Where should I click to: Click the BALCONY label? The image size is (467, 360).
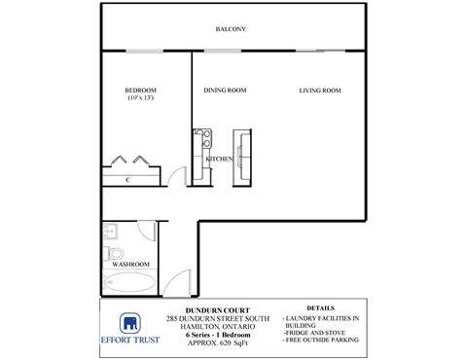[x=231, y=29]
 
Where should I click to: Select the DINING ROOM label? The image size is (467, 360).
[x=225, y=90]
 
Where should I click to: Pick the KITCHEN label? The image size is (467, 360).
[x=219, y=158]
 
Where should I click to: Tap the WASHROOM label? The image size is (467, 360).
[x=130, y=263]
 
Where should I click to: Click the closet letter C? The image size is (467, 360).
[x=128, y=180]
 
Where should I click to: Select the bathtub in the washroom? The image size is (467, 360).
[x=130, y=285]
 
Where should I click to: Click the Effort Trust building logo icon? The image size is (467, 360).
[x=129, y=325]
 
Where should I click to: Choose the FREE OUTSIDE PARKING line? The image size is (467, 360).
[x=320, y=342]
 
